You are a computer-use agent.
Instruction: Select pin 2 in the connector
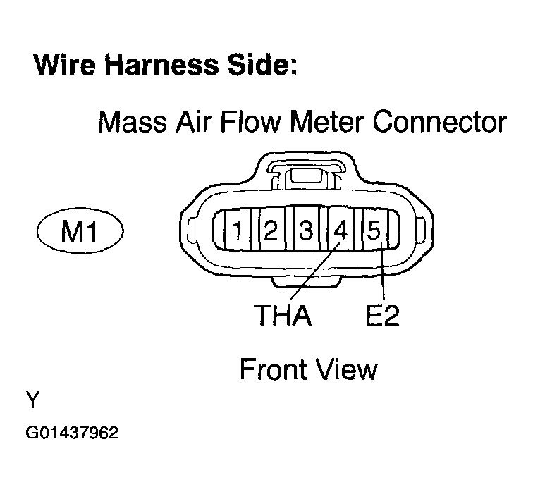271,230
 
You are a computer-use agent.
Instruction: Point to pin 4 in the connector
341,230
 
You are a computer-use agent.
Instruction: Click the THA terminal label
283,314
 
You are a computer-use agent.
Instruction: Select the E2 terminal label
382,314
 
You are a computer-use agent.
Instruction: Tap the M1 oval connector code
79,231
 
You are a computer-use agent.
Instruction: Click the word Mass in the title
131,123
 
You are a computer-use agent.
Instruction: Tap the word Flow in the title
244,123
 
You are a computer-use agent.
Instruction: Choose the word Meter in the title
323,123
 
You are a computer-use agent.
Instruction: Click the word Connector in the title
439,123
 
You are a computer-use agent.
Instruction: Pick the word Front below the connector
272,369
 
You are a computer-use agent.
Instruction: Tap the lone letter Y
32,401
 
